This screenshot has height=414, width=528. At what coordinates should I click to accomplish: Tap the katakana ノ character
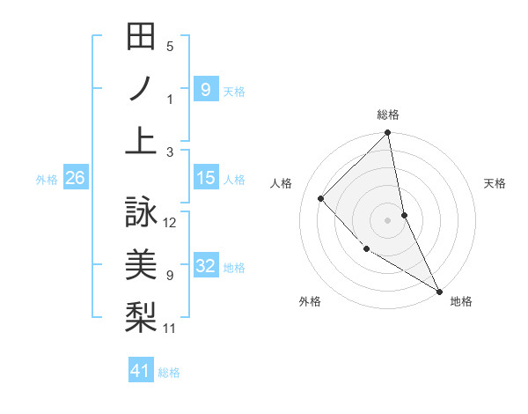coord(141,89)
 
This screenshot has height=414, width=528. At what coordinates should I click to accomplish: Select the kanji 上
coord(141,141)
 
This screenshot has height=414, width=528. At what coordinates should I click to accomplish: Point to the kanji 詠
coord(141,211)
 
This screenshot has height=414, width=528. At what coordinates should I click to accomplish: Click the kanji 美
coord(141,264)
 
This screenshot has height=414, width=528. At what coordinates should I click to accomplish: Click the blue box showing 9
coord(205,89)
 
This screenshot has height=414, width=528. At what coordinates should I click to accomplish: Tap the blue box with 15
coord(205,178)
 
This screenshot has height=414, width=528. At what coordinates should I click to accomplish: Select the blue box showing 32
coord(205,266)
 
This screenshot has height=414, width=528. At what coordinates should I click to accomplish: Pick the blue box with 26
coord(75,178)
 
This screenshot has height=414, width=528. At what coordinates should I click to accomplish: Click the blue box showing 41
coord(141,371)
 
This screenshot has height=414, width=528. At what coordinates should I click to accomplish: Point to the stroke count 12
coord(171,222)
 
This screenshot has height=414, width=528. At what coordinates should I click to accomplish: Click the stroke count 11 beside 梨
coord(171,329)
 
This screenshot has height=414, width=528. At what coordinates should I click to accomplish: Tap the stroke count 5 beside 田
coord(170,47)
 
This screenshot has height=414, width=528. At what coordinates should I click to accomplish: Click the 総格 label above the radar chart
coord(387,115)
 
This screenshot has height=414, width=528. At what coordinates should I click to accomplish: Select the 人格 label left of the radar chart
coord(282,183)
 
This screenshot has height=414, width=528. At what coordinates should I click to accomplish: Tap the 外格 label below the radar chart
coord(310,301)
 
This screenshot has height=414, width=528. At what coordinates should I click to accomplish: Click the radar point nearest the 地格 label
coord(439,291)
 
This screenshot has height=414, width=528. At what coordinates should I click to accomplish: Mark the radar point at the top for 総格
coord(387,134)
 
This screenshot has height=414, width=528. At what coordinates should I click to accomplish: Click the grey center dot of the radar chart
coord(387,219)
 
